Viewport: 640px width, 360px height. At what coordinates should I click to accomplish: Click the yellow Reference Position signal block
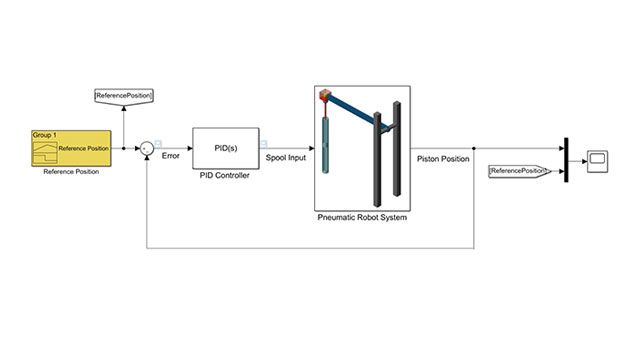[70, 148]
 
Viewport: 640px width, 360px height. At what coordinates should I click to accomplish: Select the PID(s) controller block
[225, 148]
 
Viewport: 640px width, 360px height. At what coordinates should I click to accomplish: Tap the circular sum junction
[146, 148]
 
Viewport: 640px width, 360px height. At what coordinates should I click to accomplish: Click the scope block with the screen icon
[599, 160]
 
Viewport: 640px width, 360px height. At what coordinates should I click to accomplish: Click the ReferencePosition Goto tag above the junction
[123, 96]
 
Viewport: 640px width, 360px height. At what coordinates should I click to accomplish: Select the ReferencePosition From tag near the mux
[519, 171]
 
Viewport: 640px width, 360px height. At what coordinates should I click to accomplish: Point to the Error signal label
[170, 157]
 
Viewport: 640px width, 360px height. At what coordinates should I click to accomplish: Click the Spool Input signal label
[286, 157]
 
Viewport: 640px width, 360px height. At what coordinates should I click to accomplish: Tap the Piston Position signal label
[441, 157]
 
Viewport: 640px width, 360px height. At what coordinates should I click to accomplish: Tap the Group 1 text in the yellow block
[45, 135]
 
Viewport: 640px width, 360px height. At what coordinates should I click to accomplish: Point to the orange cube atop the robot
[324, 96]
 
